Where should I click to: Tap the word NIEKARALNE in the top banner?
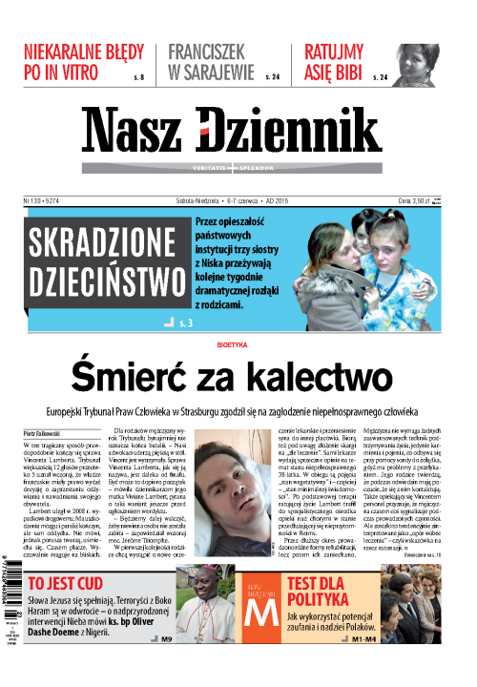tap(84, 52)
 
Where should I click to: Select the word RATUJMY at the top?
tap(335, 52)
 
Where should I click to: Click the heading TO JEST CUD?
tap(69, 584)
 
